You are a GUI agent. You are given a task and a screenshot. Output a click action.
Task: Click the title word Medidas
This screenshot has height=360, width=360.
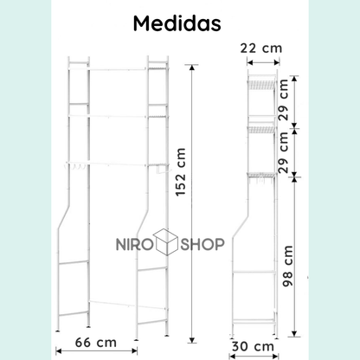tap(179, 23)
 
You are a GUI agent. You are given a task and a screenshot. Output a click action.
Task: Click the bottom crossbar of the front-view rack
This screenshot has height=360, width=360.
tap(115, 303)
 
